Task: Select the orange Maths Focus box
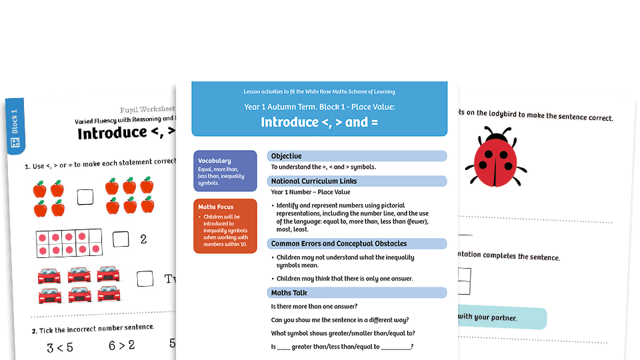click(225, 225)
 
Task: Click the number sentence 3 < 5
click(59, 347)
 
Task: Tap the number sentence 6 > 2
click(121, 345)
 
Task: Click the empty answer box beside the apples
click(85, 197)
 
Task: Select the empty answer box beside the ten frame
click(121, 239)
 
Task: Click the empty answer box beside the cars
click(145, 279)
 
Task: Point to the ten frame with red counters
click(68, 243)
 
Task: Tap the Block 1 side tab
click(15, 127)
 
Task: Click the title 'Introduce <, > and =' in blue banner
click(319, 122)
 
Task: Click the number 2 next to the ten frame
click(143, 239)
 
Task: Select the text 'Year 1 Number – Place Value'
click(311, 192)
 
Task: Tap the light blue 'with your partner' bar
click(500, 318)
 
